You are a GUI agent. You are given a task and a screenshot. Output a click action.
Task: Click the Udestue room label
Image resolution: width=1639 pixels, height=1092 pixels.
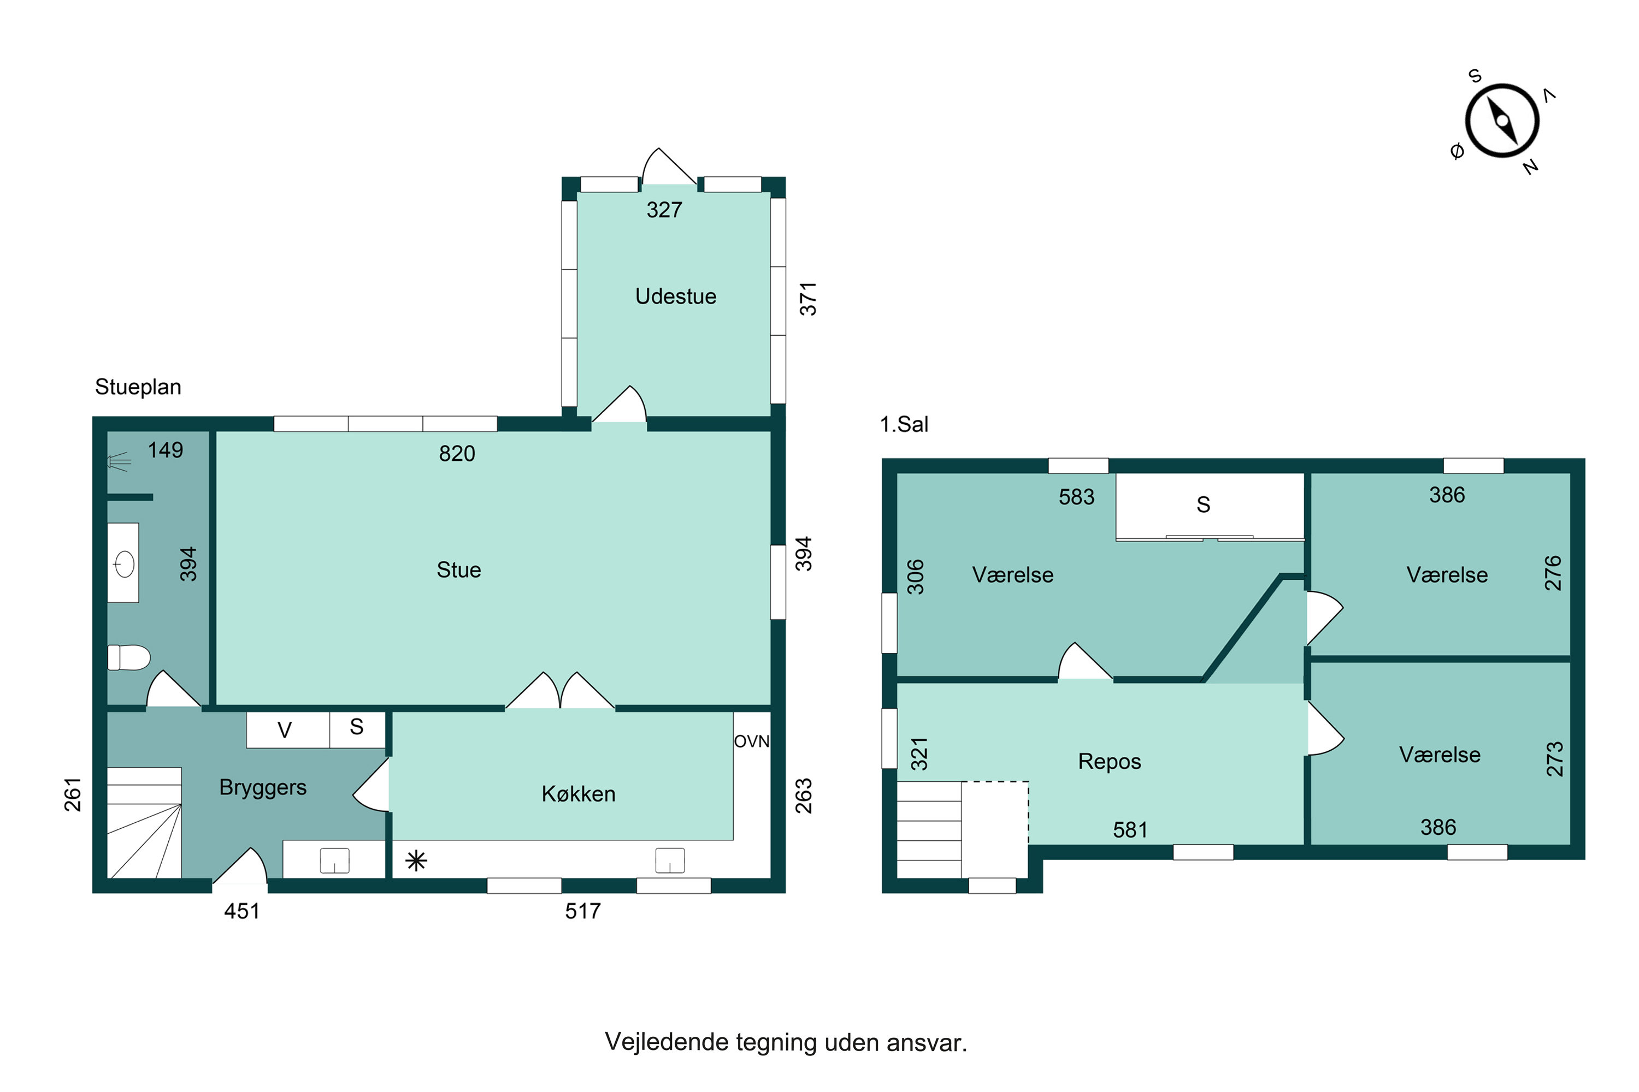click(x=675, y=296)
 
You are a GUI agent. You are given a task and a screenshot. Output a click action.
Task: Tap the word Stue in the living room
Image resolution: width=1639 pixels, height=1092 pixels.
click(x=458, y=569)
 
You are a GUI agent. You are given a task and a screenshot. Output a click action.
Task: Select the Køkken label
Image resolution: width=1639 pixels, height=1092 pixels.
click(x=579, y=794)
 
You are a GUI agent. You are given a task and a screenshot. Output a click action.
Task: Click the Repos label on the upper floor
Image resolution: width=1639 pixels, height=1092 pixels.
click(x=1110, y=762)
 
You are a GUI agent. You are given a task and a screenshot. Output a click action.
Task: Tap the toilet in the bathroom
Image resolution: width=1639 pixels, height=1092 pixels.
click(x=129, y=657)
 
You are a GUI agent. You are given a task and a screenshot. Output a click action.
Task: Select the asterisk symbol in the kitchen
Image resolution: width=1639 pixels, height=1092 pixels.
click(x=416, y=862)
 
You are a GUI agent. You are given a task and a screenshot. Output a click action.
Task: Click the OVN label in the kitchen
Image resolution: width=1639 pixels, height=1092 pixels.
click(x=752, y=741)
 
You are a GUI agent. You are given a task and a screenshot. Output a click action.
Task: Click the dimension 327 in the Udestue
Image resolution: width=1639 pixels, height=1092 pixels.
click(x=664, y=210)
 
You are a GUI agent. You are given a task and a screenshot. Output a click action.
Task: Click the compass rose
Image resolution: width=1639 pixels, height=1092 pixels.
click(x=1502, y=121)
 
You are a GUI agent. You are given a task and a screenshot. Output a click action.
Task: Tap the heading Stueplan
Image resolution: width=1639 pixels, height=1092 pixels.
click(x=138, y=387)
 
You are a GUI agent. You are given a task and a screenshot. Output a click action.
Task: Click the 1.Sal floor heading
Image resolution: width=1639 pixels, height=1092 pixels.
click(x=904, y=424)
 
